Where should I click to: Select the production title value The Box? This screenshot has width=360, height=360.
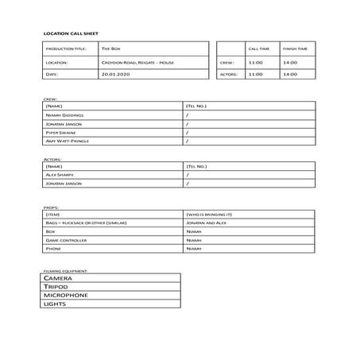(110, 48)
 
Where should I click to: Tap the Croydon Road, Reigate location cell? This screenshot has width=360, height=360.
(137, 61)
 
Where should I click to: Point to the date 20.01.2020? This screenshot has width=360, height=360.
(114, 74)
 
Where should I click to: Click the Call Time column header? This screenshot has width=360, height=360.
(257, 48)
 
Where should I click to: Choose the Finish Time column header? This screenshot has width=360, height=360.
(294, 48)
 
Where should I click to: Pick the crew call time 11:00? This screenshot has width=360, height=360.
(255, 61)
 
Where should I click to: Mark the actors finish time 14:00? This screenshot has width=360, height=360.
(290, 74)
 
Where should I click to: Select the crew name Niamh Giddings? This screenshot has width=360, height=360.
(65, 114)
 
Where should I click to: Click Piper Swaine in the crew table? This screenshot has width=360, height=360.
(61, 132)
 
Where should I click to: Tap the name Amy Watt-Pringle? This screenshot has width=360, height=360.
(68, 141)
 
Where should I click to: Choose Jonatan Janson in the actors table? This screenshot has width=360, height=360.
(64, 184)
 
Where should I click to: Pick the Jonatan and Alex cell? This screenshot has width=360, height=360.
(205, 223)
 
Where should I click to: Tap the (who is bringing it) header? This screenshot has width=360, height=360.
(209, 215)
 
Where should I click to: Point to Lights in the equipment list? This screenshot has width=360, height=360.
(56, 304)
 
